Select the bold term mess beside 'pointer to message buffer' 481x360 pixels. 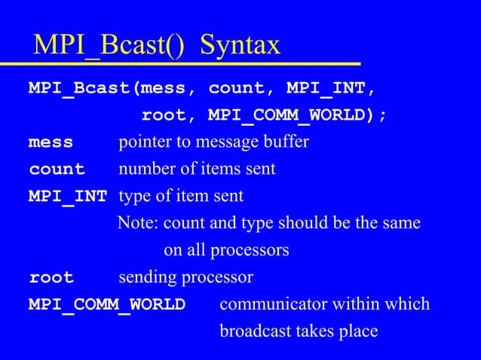pos(51,142)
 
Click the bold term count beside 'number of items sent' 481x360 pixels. pos(57,169)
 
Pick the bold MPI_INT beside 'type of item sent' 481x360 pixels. pos(68,197)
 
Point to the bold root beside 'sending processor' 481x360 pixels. pos(51,278)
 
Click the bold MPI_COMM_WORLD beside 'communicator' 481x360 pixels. pos(106,305)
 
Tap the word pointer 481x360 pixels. pos(143,142)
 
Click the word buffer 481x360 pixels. pos(287,142)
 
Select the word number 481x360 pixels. pos(144,169)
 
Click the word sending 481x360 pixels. pos(146,278)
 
